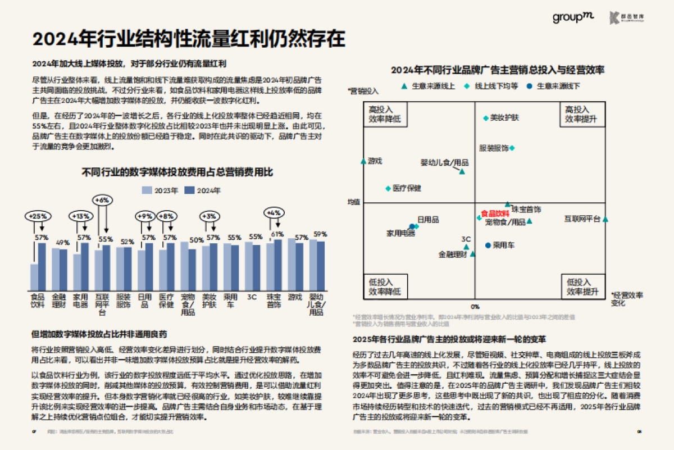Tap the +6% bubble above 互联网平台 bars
(103, 199)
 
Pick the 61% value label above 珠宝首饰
(277, 234)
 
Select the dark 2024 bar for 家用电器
(85, 266)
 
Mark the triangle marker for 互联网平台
(605, 219)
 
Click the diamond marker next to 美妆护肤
(486, 118)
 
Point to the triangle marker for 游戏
(363, 161)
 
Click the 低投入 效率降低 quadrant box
(385, 287)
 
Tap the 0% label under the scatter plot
(475, 306)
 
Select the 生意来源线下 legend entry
(554, 86)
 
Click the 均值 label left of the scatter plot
(353, 201)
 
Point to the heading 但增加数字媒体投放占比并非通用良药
(99, 335)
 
